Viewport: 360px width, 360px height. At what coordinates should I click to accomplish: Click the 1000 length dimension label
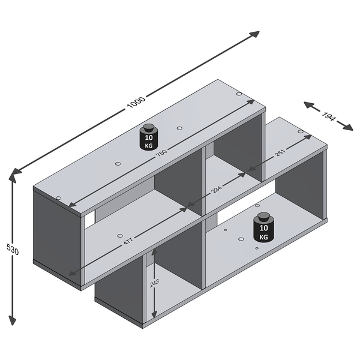[x=136, y=103]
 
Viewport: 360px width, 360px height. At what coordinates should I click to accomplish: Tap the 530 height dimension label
[x=13, y=250]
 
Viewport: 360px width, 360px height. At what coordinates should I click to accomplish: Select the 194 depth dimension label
[x=328, y=117]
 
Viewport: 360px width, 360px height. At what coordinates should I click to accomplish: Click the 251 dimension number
[x=280, y=153]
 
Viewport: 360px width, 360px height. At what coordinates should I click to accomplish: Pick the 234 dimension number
[x=217, y=190]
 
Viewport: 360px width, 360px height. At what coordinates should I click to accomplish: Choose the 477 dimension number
[x=128, y=241]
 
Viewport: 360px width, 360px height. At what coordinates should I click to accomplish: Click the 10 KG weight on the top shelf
[x=149, y=137]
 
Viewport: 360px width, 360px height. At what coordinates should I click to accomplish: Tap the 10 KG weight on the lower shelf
[x=263, y=227]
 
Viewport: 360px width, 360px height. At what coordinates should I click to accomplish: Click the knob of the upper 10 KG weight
[x=149, y=128]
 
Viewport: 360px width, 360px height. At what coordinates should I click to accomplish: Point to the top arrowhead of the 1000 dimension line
[x=254, y=34]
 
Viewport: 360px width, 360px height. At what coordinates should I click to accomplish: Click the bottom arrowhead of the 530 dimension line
[x=12, y=320]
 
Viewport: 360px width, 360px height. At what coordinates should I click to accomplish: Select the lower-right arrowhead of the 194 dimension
[x=348, y=127]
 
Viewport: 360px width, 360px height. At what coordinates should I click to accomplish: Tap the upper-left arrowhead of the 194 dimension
[x=309, y=104]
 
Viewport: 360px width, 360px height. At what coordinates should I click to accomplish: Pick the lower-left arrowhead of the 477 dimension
[x=73, y=272]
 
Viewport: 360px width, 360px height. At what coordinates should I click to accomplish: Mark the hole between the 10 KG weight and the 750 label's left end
[x=118, y=164]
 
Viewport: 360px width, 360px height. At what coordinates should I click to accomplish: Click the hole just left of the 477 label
[x=119, y=236]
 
